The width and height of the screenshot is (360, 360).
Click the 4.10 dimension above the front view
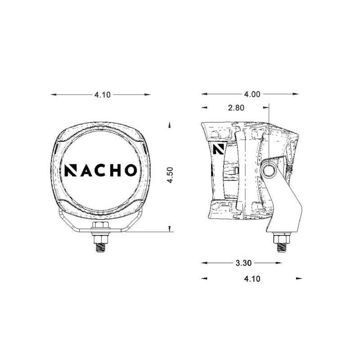pyautogui.click(x=102, y=95)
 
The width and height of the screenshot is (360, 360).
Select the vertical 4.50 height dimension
pyautogui.click(x=170, y=175)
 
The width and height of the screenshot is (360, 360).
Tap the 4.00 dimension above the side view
pyautogui.click(x=252, y=94)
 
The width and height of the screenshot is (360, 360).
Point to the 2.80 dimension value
pyautogui.click(x=236, y=108)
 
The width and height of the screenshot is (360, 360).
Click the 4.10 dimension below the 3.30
pyautogui.click(x=252, y=279)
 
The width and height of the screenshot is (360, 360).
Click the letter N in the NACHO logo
pyautogui.click(x=71, y=170)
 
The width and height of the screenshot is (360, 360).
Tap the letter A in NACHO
pyautogui.click(x=86, y=170)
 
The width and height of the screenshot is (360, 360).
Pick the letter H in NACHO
pyautogui.click(x=115, y=170)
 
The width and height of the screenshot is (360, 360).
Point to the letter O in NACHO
pyautogui.click(x=130, y=170)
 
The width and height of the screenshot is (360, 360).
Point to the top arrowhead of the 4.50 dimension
pyautogui.click(x=170, y=125)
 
